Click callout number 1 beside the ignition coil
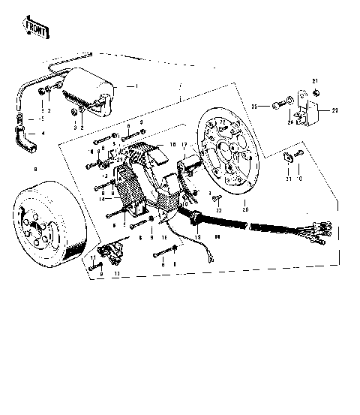[136, 86]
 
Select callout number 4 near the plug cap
[43, 134]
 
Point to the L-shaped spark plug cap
[25, 138]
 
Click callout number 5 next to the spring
[42, 118]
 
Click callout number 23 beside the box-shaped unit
[335, 110]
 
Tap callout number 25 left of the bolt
[255, 106]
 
